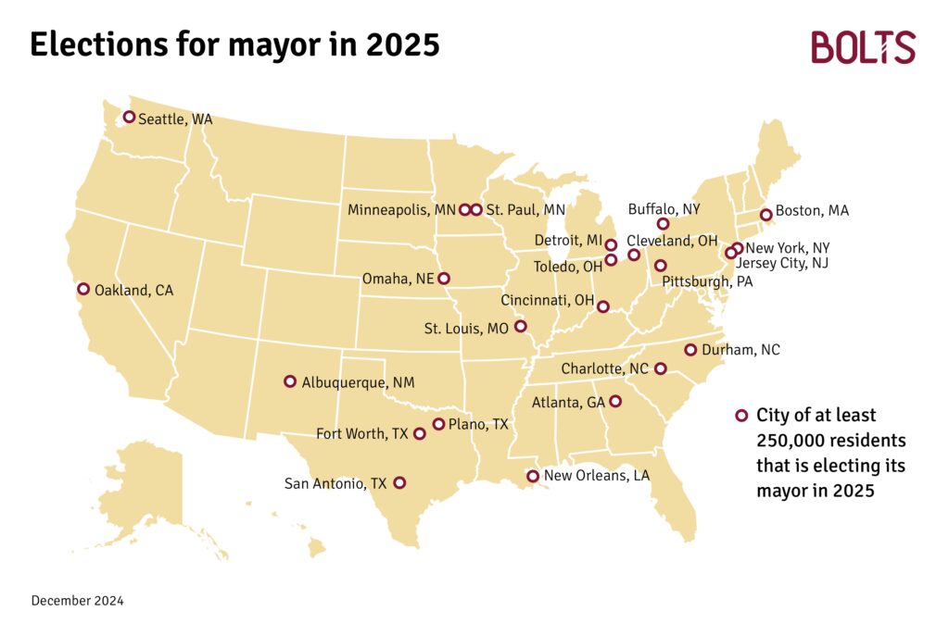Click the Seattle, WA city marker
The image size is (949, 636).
point(130,118)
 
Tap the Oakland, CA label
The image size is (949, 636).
point(134,291)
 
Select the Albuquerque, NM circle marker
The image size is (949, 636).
point(290,381)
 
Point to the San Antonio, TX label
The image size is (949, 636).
point(335,483)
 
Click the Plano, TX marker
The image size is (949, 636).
point(439,425)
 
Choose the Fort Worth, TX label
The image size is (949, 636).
point(361,433)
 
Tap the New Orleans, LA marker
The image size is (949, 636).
point(533,477)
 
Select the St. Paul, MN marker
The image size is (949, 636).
point(476,210)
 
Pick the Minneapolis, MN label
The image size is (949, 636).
point(401,210)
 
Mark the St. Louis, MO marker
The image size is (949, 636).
point(520,327)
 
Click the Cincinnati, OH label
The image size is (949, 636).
point(547,301)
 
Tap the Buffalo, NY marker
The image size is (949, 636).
point(663,224)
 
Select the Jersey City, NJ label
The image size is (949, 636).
point(781,264)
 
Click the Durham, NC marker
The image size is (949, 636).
point(690,350)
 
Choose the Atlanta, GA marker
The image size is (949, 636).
point(614,402)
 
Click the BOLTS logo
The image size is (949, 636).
point(863,47)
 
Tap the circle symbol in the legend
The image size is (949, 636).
point(741,416)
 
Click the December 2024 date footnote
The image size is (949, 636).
point(77,601)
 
